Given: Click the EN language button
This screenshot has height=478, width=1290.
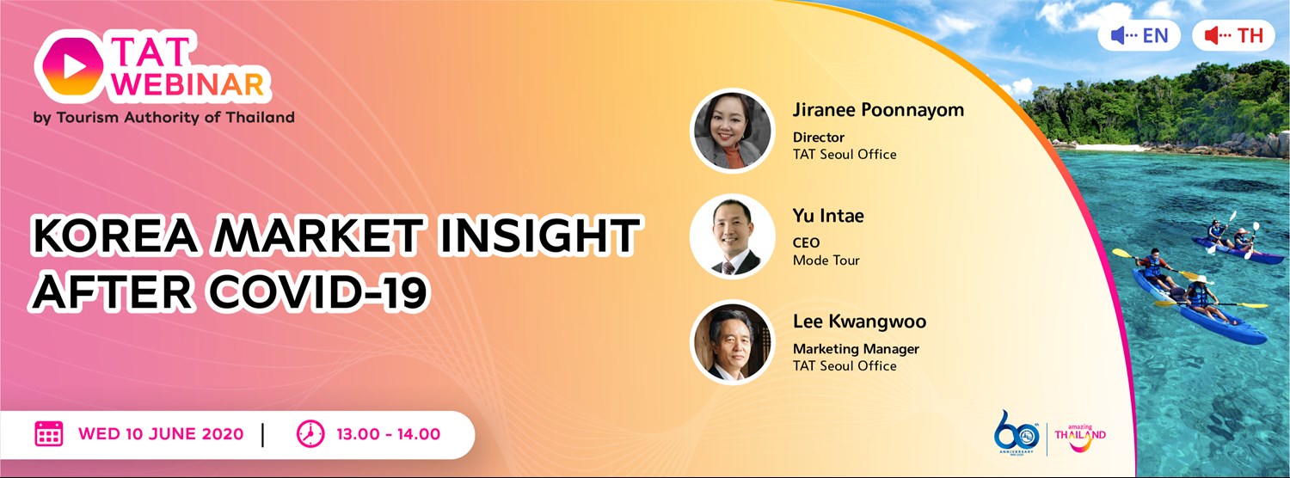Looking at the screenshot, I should [1139, 35].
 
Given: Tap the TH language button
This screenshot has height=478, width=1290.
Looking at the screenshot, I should [1232, 35].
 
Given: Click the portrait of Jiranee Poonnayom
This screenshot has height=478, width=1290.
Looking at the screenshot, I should [733, 131].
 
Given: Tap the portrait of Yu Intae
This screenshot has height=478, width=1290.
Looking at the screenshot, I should [733, 236].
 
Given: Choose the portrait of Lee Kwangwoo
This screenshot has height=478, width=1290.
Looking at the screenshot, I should [733, 342].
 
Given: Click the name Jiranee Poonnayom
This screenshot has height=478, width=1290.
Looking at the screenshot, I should [878, 110].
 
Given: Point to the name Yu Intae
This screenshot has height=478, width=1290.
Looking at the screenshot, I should [827, 216].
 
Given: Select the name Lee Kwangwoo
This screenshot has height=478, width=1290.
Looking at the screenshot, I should [859, 322].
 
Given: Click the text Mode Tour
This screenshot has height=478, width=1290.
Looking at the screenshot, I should [826, 260].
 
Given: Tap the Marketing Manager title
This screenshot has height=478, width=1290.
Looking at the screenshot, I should [856, 349].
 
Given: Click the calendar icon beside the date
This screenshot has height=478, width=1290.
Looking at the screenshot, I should [48, 434].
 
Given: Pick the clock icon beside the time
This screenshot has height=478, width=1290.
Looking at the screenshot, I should [310, 434].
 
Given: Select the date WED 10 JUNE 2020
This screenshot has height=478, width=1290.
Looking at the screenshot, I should [161, 434].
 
